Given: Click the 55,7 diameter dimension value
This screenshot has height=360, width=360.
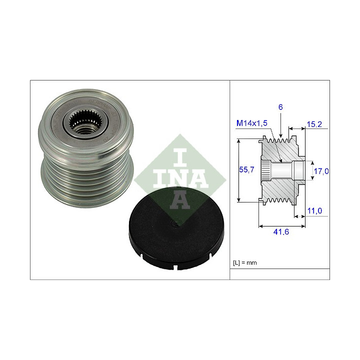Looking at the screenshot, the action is click(x=246, y=169).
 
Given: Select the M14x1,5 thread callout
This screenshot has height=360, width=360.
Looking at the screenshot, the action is click(x=252, y=123).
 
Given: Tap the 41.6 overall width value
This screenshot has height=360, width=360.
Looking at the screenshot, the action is click(x=281, y=232).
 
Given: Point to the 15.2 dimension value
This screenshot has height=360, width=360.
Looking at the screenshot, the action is click(x=314, y=124).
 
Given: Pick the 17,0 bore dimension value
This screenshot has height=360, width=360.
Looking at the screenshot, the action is click(x=321, y=171).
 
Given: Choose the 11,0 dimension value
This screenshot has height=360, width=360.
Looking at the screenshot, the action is click(x=314, y=210).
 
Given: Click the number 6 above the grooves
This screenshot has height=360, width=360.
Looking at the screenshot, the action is click(x=280, y=107).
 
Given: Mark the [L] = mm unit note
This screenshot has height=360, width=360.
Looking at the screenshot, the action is click(x=244, y=262).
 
